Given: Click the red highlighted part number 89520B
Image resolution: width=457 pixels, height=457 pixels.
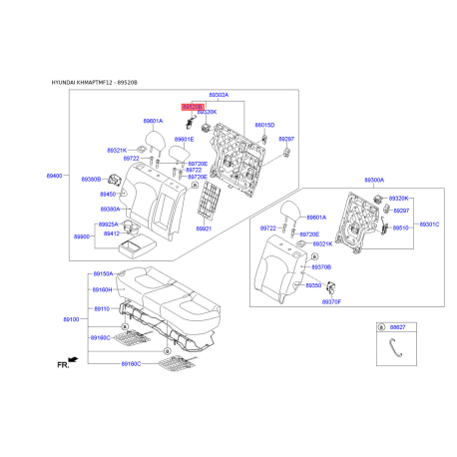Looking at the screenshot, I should point(192,105).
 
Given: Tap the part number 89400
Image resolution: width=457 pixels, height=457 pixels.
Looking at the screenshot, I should point(54,175).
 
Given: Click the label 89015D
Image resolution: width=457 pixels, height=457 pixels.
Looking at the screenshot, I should point(263,125).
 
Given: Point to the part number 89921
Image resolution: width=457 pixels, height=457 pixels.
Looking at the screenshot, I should point(204,228).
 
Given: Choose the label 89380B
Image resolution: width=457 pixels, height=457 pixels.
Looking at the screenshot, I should point(91,180).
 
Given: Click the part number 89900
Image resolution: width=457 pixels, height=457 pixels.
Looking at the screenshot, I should point(82,236).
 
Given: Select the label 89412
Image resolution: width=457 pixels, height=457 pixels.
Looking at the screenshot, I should point(110,233).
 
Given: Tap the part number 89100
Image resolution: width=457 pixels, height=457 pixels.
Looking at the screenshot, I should point(72,319).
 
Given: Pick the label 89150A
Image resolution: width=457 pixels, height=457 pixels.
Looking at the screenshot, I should point(104,273).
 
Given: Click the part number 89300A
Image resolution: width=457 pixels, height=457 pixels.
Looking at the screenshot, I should point(374,181).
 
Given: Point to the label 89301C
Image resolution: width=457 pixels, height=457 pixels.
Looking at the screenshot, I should point(429,225).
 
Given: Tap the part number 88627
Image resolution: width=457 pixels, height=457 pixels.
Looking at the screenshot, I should point(398,326).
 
